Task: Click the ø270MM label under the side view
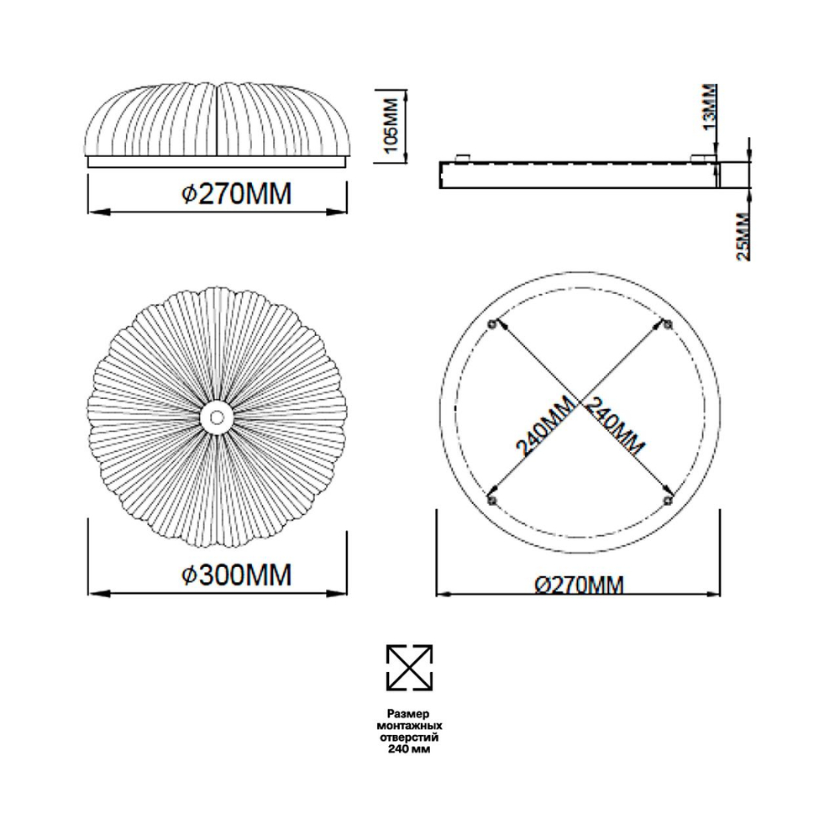(x=237, y=194)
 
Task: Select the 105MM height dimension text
(x=392, y=125)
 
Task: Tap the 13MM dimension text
(x=709, y=108)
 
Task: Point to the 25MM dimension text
(x=743, y=237)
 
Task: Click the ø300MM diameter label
(x=237, y=575)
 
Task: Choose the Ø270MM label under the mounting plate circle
(x=580, y=585)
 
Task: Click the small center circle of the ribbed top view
(x=217, y=417)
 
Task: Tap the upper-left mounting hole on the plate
(x=492, y=324)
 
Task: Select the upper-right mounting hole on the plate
(x=667, y=324)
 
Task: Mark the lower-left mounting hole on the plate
(x=492, y=501)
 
